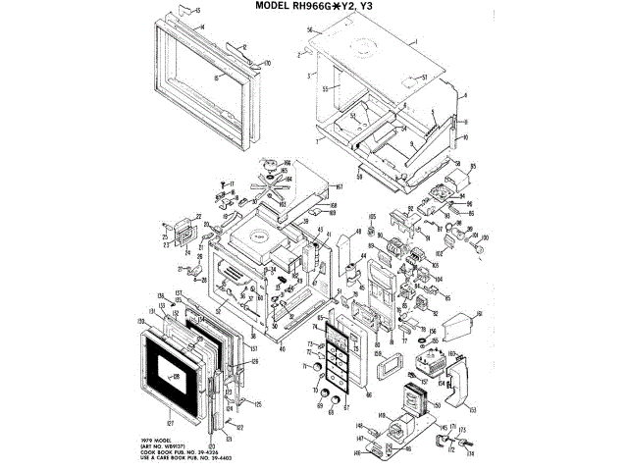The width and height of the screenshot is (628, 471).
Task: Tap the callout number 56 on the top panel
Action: pyautogui.click(x=308, y=31)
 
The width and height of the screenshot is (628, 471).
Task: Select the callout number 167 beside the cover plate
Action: pyautogui.click(x=338, y=186)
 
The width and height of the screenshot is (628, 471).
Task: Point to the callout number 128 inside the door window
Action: pyautogui.click(x=177, y=376)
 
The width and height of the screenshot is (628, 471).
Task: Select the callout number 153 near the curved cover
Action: pyautogui.click(x=472, y=410)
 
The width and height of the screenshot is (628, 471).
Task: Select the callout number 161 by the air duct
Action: pyautogui.click(x=480, y=314)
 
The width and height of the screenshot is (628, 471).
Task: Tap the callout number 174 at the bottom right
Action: pyautogui.click(x=470, y=453)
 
